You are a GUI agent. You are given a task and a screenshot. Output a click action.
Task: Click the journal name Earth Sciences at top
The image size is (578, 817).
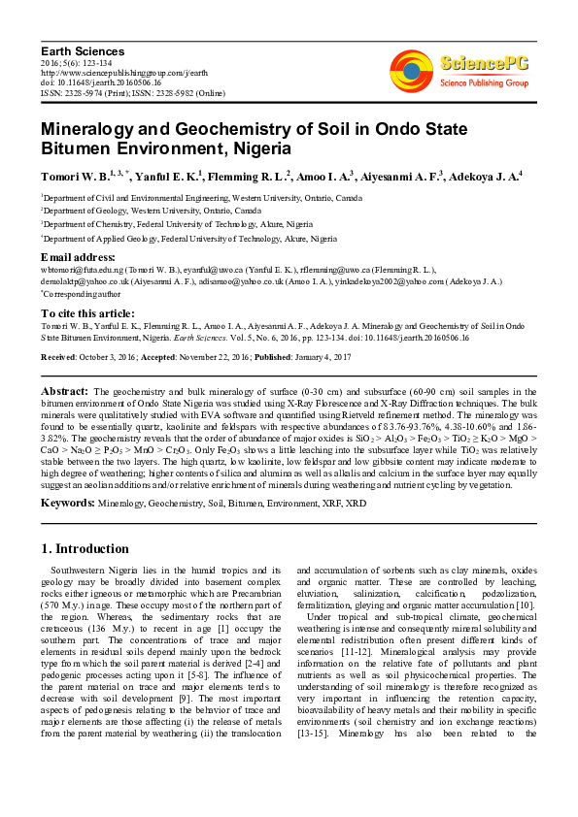point(83,50)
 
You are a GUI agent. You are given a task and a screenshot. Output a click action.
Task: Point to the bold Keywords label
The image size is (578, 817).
point(67,503)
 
